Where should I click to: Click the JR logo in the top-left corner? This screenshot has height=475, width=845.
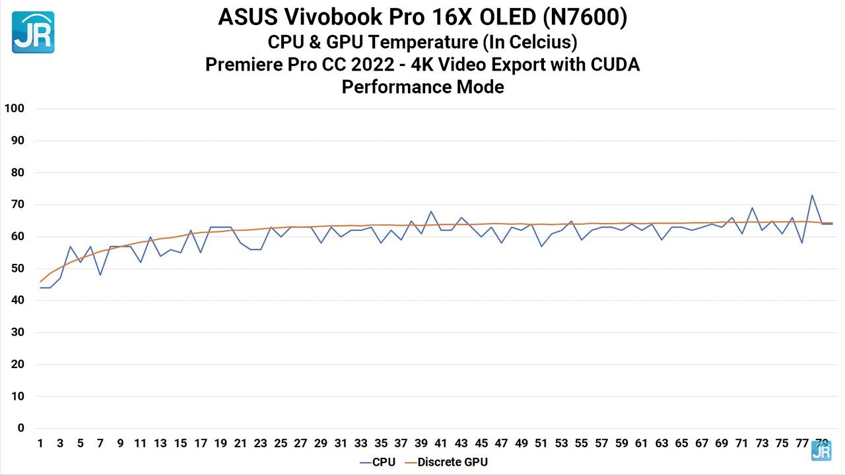coord(33,32)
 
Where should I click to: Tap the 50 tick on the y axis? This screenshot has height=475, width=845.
coord(17,269)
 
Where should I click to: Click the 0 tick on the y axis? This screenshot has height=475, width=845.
coord(20,428)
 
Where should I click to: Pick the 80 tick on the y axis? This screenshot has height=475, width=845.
coord(17,173)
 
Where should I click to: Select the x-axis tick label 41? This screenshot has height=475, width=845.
coord(440,443)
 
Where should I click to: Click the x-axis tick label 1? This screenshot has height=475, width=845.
coord(40,443)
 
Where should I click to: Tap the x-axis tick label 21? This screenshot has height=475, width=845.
coord(240,443)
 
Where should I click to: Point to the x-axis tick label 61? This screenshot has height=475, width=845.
coord(641,443)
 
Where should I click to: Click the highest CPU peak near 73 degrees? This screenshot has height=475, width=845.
coord(811,195)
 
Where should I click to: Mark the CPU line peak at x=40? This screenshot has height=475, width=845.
coord(430,212)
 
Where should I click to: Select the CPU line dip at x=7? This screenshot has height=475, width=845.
coord(100,274)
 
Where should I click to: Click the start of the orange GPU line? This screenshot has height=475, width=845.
coord(41,282)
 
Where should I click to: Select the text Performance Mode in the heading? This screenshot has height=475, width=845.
coord(422,87)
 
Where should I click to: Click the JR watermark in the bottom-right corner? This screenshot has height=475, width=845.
coord(821,451)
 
